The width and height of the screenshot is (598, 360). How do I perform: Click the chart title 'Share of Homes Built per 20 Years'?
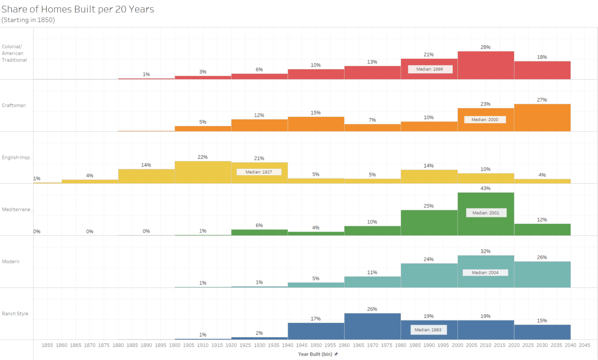click(78, 9)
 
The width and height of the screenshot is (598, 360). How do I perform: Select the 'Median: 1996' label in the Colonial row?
click(430, 69)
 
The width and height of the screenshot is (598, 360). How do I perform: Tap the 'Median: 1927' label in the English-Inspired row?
click(259, 172)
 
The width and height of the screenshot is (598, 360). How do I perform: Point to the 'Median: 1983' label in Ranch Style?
click(428, 330)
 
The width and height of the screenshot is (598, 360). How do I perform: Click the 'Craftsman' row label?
click(14, 106)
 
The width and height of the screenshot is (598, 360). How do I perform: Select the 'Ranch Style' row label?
click(15, 314)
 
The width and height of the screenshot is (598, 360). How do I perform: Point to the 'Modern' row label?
click(11, 262)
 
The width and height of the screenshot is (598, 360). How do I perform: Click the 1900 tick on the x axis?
click(175, 345)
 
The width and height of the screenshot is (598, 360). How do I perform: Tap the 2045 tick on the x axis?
click(584, 345)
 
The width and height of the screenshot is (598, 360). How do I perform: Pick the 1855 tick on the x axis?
click(47, 345)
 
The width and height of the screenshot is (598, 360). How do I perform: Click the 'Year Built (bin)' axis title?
click(315, 354)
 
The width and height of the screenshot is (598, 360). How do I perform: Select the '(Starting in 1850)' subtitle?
click(28, 20)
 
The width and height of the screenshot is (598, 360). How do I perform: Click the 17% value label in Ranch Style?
click(316, 319)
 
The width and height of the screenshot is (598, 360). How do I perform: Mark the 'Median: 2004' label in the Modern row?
click(485, 273)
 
